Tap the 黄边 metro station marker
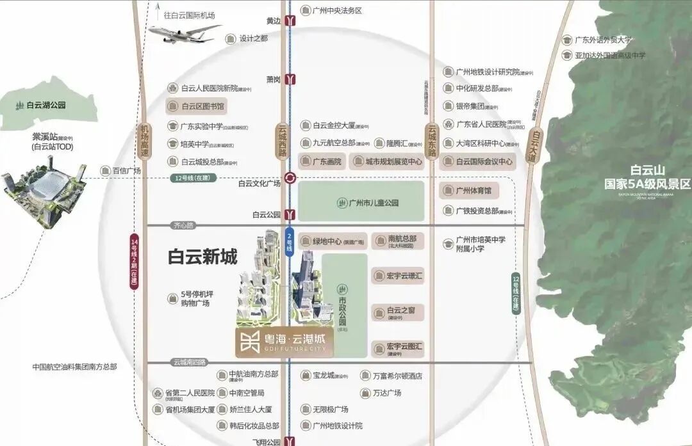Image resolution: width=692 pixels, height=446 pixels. coord(292,20)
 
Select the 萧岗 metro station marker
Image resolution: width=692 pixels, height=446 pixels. coord(292,79)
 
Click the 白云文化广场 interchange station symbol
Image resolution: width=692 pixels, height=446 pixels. coord(291,179)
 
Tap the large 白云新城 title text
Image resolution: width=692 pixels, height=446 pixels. coord(202,257)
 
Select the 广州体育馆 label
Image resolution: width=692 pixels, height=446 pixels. coord(470,191)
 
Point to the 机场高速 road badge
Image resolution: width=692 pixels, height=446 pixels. coord(145,142)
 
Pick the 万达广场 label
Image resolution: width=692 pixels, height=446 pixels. coord(387,392)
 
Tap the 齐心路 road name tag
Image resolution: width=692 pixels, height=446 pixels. coord(183,225)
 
